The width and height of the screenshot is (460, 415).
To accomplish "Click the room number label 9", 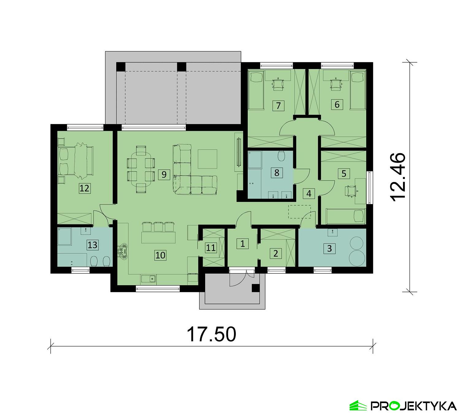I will point(164,175).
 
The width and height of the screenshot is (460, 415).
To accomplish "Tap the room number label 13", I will point(92,245).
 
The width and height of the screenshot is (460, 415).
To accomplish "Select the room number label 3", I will point(329,248).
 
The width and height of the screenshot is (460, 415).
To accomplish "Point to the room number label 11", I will point(211,247).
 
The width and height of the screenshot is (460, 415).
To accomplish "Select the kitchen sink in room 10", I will point(149,279).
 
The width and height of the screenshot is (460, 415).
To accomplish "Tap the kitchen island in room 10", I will point(158,237).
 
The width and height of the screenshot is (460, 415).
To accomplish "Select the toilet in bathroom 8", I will point(282,156).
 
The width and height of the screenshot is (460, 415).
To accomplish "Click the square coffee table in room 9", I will point(208,159).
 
